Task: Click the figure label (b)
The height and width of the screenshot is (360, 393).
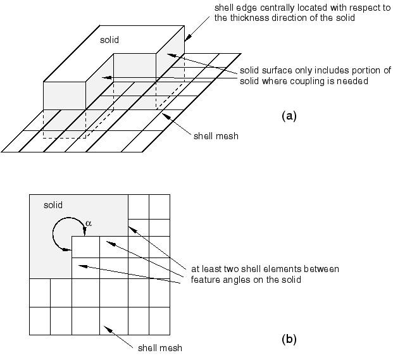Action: click(287, 338)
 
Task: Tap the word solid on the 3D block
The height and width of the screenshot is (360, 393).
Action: click(109, 40)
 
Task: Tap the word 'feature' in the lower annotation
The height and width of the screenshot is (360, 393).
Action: click(205, 279)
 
